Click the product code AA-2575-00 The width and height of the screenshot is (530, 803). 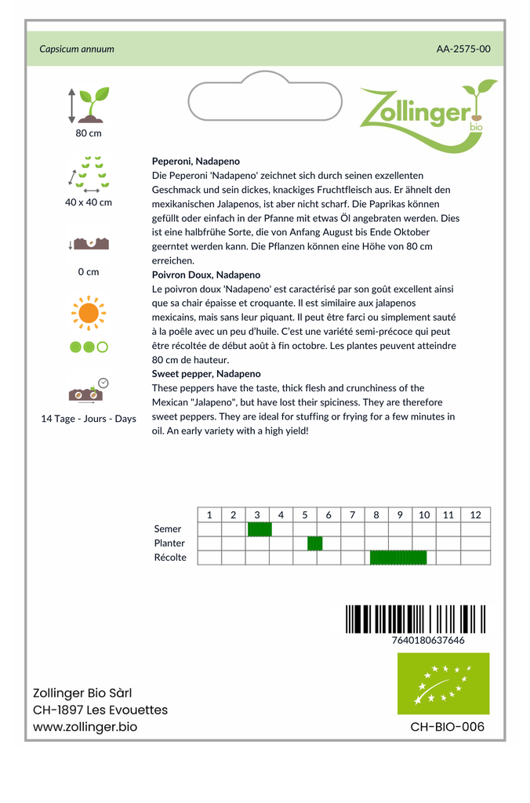463,49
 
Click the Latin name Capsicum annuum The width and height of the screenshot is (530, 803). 77,49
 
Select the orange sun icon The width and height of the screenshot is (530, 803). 88,313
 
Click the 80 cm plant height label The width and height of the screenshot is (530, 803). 88,133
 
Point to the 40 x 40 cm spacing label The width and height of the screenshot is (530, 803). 88,202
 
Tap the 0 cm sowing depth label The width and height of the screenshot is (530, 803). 88,272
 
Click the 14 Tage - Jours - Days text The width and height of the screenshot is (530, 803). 88,419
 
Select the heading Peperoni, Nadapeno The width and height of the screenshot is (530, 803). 195,161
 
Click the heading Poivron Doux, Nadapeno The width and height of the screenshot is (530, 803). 205,275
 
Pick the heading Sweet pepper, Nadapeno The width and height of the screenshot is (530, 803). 205,374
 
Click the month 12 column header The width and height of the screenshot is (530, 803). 475,515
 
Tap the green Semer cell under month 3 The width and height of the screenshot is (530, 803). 260,529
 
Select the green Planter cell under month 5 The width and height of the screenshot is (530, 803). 314,543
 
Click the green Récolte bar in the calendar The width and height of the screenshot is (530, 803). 398,558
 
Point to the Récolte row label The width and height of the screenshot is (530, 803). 170,558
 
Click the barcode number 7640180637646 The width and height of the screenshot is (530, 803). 427,640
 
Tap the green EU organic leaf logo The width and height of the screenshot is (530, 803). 443,683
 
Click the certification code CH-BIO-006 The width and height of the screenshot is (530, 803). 447,727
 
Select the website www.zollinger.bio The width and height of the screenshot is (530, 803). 85,727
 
